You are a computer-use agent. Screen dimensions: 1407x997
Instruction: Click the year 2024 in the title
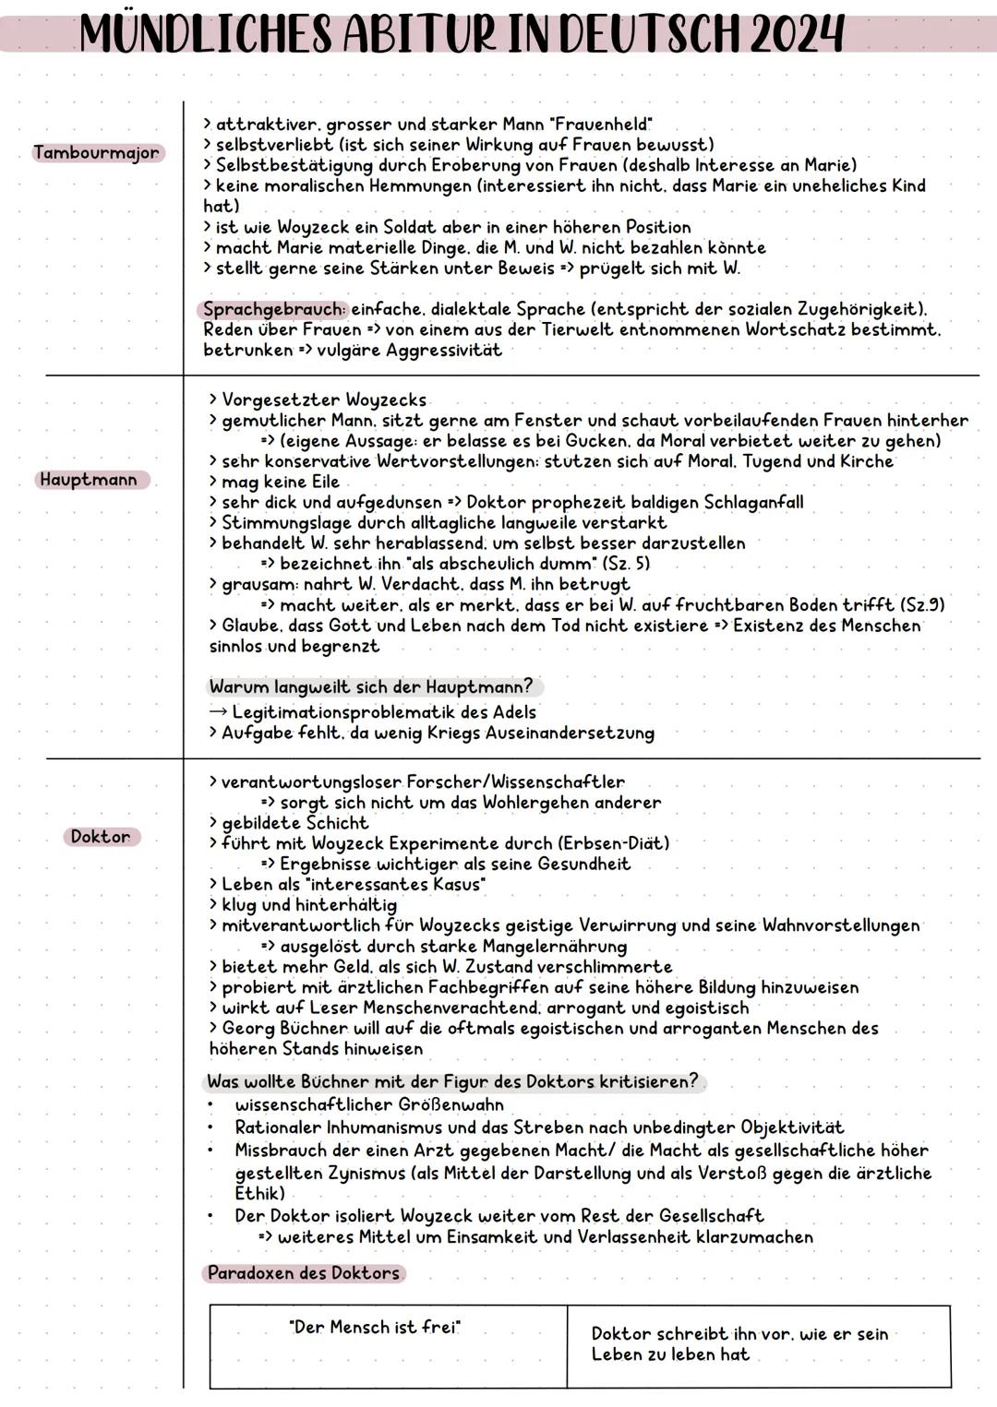[797, 35]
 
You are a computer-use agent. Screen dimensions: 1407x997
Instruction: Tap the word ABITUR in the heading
[433, 35]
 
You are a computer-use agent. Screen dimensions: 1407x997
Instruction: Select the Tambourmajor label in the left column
[97, 153]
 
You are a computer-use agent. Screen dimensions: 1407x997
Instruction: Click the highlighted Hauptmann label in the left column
[89, 480]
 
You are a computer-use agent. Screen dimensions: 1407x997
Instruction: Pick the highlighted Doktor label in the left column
[102, 837]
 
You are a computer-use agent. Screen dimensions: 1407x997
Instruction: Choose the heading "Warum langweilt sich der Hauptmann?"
[372, 687]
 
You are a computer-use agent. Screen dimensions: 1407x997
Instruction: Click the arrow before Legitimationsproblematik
[218, 712]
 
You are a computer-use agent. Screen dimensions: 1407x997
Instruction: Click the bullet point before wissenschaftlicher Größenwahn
[211, 1105]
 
